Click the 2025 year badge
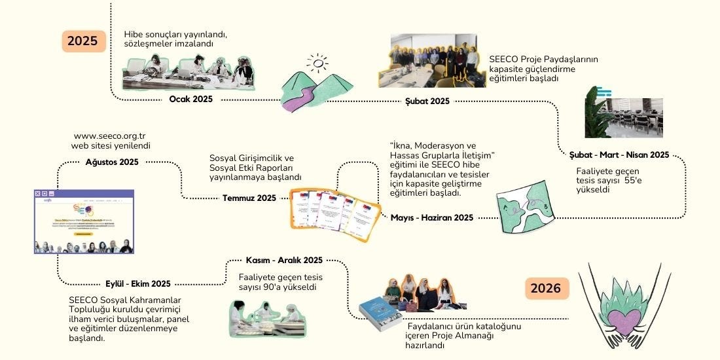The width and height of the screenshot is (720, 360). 83,41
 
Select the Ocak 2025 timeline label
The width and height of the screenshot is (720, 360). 190,99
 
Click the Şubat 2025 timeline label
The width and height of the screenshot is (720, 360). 427,101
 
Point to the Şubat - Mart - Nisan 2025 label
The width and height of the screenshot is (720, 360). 619,155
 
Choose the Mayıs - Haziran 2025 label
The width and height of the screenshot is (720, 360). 432,217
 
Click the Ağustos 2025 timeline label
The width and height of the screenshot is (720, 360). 112,162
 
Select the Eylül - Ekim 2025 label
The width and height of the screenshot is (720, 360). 138,283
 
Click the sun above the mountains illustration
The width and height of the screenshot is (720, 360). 317,63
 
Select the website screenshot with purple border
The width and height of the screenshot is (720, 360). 84,221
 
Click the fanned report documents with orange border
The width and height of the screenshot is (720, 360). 327,213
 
